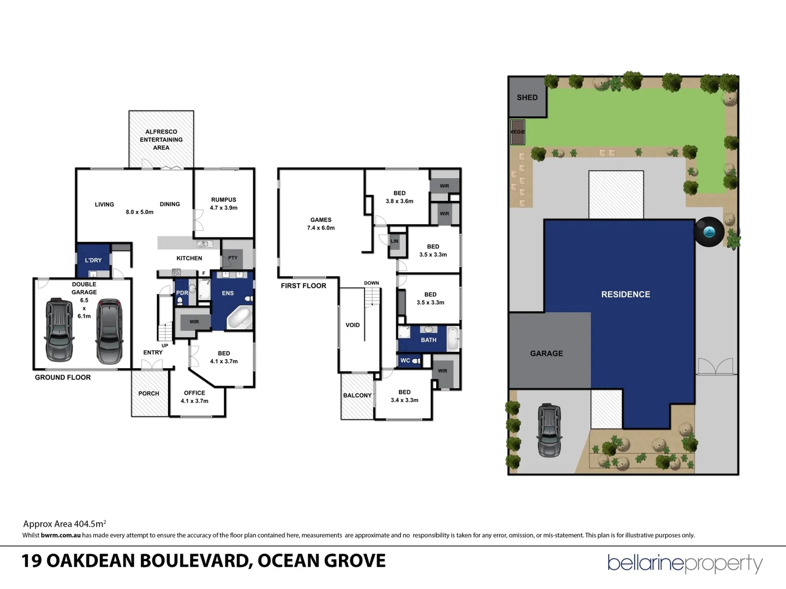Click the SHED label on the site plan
click(x=527, y=98)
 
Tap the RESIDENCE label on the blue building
click(x=626, y=294)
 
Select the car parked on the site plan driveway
click(x=550, y=430)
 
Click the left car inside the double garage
click(x=59, y=329)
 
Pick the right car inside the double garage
click(x=109, y=331)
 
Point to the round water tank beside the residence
click(x=708, y=232)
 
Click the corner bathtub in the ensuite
click(x=239, y=318)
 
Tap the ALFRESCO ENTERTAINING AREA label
click(x=161, y=140)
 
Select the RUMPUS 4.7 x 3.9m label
click(x=224, y=203)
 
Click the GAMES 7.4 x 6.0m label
click(x=321, y=224)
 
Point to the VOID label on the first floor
click(x=353, y=325)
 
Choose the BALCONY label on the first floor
click(x=357, y=395)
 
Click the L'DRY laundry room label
click(x=93, y=260)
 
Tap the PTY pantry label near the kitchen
click(x=233, y=257)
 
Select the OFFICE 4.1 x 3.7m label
click(x=194, y=396)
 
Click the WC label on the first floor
click(x=406, y=360)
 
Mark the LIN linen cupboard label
click(x=394, y=241)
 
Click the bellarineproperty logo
click(x=685, y=563)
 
